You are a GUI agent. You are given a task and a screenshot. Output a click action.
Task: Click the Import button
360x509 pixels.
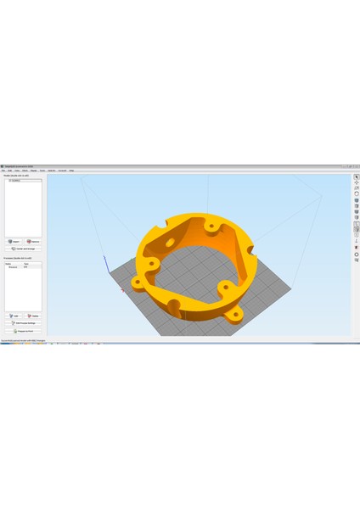[x=14, y=242]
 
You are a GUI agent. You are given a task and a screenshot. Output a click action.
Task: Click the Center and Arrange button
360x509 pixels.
[x=23, y=249]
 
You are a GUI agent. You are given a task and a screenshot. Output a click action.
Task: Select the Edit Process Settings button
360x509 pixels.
[x=23, y=323]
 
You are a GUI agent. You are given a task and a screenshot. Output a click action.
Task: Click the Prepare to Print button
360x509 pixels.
[x=23, y=331]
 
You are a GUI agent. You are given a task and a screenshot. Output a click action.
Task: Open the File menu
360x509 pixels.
[x=4, y=171]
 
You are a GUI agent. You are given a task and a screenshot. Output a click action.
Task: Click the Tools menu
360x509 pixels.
[x=42, y=171]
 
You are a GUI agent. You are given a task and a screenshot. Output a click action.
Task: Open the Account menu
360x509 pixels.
[x=62, y=171]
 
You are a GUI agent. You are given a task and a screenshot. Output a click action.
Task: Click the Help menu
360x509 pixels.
[x=71, y=171]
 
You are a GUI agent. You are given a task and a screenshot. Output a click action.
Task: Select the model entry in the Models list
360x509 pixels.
[x=14, y=181]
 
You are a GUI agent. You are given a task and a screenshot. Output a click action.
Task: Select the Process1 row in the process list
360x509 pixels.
[x=13, y=267]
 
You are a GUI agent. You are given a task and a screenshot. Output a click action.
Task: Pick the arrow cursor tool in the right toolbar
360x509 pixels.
[x=356, y=177]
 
